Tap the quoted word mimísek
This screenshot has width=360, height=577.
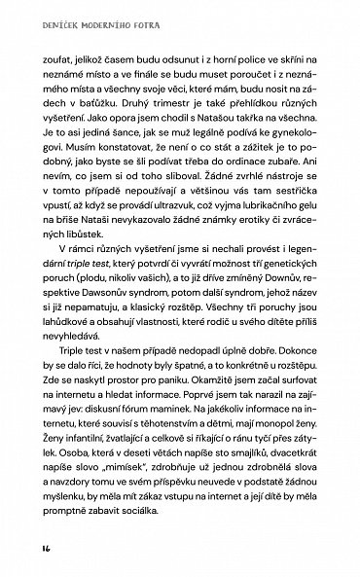click(x=135, y=533)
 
